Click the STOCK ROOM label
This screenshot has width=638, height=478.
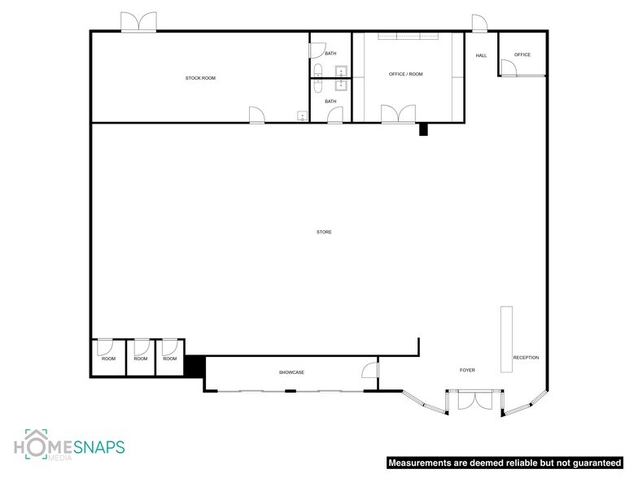(200, 78)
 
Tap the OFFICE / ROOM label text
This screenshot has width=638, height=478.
(405, 74)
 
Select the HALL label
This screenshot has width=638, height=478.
(481, 55)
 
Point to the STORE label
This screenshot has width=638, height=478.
(324, 232)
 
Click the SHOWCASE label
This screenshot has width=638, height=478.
(291, 372)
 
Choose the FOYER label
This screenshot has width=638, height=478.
(466, 370)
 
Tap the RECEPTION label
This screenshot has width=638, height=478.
(526, 358)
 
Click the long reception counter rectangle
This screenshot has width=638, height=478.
(506, 339)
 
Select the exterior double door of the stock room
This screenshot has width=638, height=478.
(139, 24)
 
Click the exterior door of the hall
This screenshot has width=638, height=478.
(478, 25)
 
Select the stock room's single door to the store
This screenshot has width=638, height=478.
(257, 115)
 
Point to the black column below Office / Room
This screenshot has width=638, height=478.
(423, 129)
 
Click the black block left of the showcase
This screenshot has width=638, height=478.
(194, 366)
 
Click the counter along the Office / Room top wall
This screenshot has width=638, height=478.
(406, 36)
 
